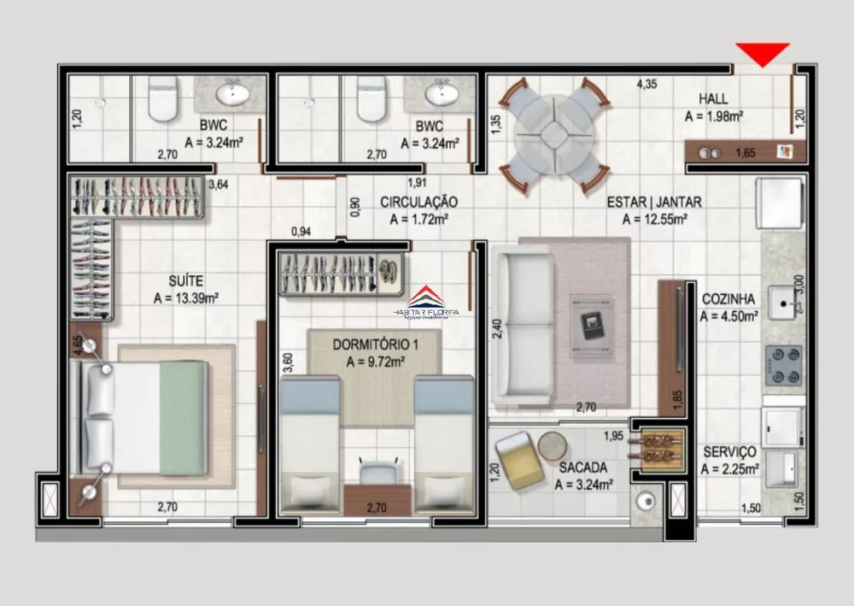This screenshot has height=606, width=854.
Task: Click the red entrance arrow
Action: tap(763, 54)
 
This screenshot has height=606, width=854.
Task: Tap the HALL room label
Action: tap(713, 99)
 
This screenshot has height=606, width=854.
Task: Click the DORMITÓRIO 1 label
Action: tap(375, 344)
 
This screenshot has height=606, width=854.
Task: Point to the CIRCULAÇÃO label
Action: tap(418, 203)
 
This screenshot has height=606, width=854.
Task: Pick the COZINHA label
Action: tap(728, 299)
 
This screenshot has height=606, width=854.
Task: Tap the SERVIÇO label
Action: tap(729, 451)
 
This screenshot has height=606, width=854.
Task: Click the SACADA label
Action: tap(583, 468)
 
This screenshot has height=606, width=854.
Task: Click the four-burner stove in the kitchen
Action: tap(783, 365)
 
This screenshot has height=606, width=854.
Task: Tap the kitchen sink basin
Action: tap(784, 302)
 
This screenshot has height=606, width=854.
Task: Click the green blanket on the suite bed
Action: tap(183, 418)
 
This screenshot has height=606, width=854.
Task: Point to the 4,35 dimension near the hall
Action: tap(646, 84)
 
